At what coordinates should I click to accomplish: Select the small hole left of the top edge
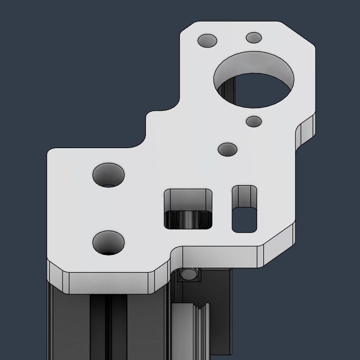[207, 41]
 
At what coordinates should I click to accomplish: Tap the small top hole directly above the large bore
[254, 37]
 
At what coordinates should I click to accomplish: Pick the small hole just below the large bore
[254, 121]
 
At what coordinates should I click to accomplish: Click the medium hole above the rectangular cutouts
[227, 149]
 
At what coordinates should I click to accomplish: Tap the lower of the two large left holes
[109, 242]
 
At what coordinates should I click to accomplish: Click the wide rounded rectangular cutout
[188, 209]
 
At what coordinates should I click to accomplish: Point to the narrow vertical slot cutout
[244, 209]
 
